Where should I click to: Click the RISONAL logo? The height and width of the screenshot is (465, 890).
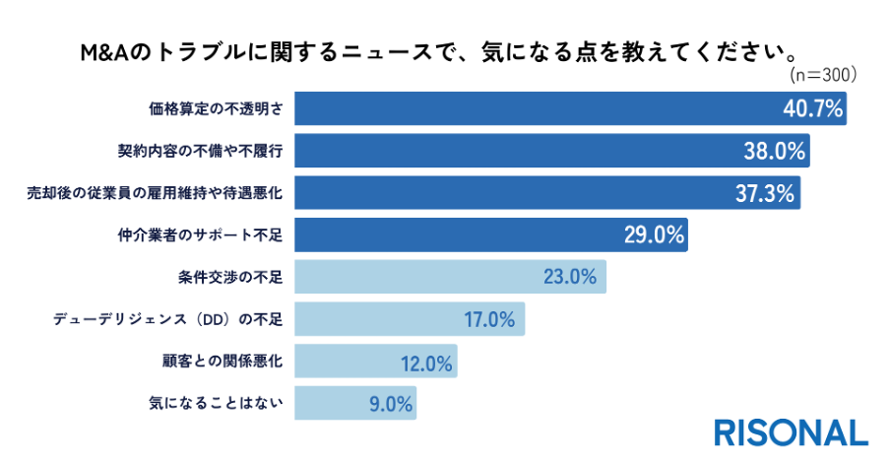click(792, 432)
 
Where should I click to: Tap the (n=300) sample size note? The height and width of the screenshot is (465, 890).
click(823, 74)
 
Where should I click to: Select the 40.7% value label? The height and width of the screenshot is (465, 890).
click(813, 109)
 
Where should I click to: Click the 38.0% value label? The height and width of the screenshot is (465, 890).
click(775, 152)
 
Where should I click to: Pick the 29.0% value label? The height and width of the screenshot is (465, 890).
click(654, 234)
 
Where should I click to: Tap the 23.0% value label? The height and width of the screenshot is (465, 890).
click(570, 277)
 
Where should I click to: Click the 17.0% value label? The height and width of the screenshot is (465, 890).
click(489, 319)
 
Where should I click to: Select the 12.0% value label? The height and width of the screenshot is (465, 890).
click(426, 362)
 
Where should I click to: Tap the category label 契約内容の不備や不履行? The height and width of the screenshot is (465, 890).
click(200, 152)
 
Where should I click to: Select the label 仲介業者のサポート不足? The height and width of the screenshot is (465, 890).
click(200, 235)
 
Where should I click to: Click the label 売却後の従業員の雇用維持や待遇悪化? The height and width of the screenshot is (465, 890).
click(155, 193)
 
